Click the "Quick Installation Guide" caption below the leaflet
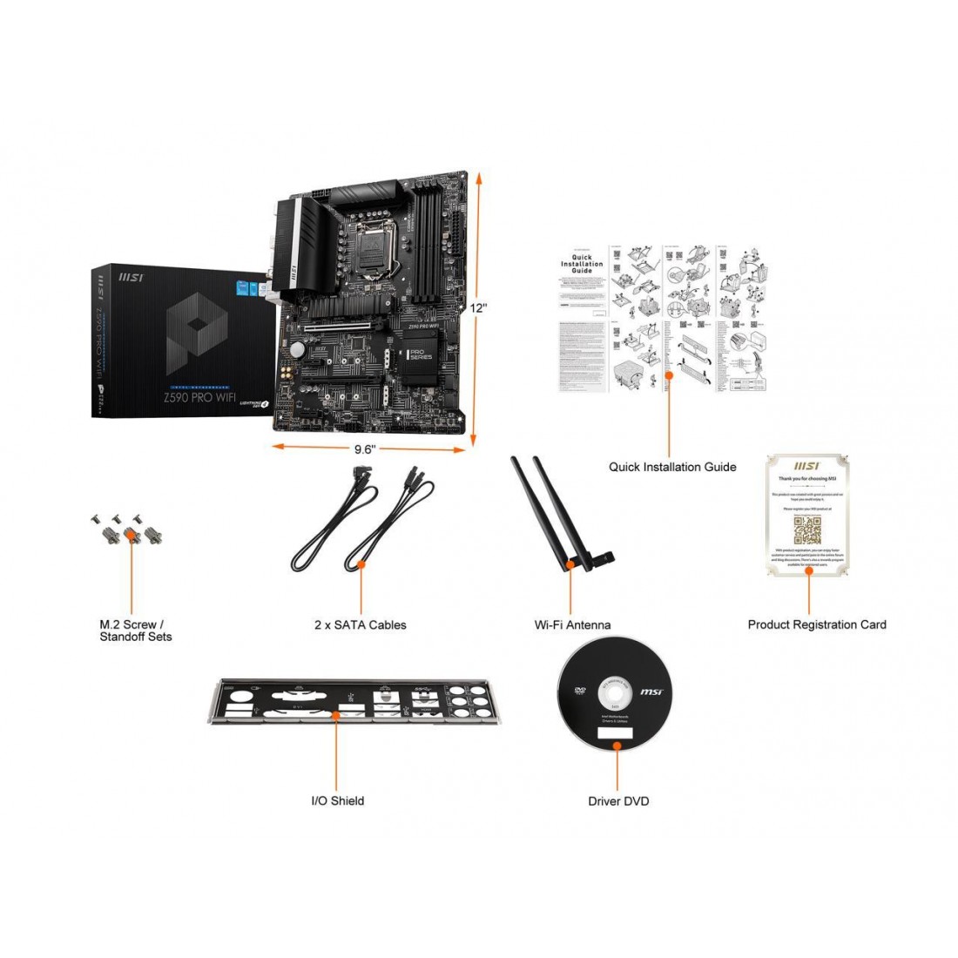pos(672,467)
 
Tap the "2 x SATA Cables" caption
pos(360,624)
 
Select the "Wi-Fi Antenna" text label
pos(572,624)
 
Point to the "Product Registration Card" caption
pos(817,624)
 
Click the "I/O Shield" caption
pos(338,800)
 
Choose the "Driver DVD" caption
pos(618,800)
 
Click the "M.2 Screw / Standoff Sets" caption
pos(135,631)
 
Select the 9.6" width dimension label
pos(364,450)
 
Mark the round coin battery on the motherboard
pos(299,349)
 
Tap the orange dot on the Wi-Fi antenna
pos(570,565)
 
